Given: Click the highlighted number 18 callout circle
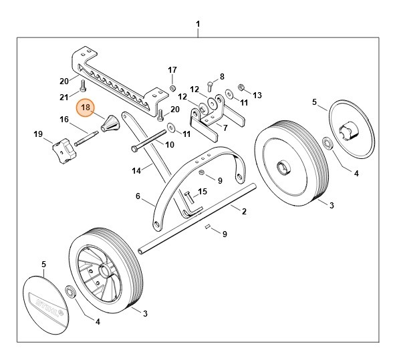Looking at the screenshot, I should [x=86, y=107].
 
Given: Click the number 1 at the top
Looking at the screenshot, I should [x=198, y=25].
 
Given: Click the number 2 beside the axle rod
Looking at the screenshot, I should [x=244, y=211].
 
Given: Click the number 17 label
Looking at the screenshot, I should [x=172, y=69].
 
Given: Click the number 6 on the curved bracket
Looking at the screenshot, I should [x=137, y=196].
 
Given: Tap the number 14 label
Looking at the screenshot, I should [x=136, y=171].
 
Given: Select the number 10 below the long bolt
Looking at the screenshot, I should [x=169, y=144].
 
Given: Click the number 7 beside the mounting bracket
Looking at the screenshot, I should [x=225, y=128].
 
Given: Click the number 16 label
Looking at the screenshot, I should [x=64, y=120].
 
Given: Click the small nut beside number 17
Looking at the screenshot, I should [x=172, y=88].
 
